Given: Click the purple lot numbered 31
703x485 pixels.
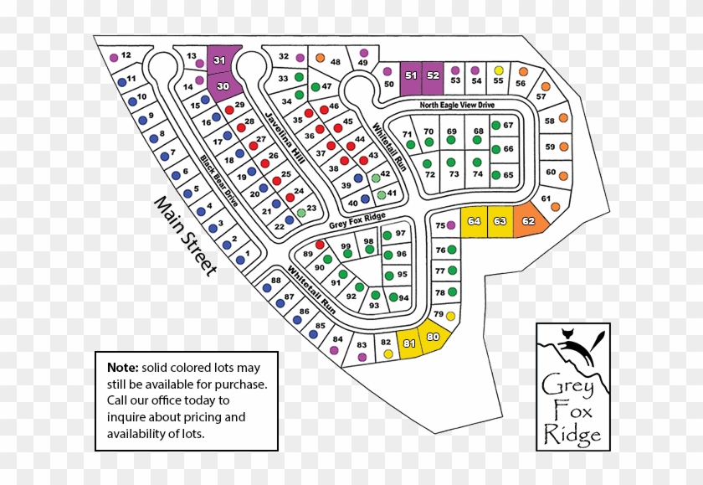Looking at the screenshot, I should point(221,60).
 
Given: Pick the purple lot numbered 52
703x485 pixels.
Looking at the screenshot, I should point(433,75).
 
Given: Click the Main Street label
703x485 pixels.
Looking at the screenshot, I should point(185,235).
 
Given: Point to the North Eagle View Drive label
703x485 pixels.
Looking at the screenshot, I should point(458,105).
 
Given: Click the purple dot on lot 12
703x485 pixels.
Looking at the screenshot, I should point(113,58).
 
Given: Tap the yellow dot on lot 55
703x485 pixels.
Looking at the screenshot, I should point(499,70).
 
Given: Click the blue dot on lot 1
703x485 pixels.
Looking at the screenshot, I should point(241,261).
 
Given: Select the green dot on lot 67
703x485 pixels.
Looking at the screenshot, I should point(495,126).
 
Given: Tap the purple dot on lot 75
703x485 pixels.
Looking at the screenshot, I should point(451,225).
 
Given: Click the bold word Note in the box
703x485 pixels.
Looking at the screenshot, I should point(122,367).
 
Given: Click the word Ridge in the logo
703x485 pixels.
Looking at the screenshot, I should point(572,435).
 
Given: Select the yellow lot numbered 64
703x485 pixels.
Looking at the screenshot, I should point(475,221).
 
